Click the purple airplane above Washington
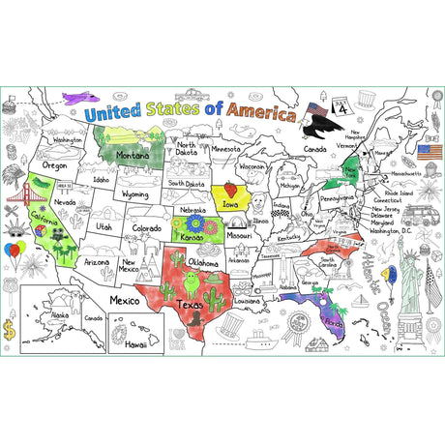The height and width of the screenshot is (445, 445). pos(79,99)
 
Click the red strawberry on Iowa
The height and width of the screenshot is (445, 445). pos(230,190)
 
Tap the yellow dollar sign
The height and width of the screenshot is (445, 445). pos(11,330)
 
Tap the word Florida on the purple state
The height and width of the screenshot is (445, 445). pos(334,320)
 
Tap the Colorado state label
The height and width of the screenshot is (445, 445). pos(147,229)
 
